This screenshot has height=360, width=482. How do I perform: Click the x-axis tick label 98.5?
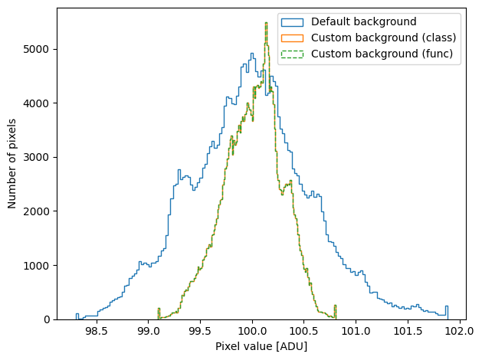[x=97, y=332]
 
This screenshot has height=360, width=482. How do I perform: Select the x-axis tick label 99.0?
[x=149, y=332]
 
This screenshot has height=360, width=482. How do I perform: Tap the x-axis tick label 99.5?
[x=201, y=332]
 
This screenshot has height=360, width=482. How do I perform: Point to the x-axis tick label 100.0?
[x=252, y=332]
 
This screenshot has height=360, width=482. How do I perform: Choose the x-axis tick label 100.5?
[x=303, y=332]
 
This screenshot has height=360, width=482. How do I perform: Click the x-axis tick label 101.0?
[x=356, y=332]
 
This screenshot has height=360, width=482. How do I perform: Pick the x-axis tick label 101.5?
[x=408, y=332]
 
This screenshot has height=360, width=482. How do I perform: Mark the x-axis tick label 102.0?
[x=460, y=332]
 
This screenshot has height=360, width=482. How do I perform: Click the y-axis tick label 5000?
[x=36, y=49]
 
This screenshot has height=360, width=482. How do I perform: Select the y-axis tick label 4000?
[x=36, y=103]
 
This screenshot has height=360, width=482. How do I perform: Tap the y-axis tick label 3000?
[x=36, y=157]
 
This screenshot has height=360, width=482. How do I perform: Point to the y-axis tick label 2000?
[x=36, y=211]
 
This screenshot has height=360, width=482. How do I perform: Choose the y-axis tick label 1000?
[x=36, y=265]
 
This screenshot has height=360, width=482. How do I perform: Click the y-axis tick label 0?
[x=47, y=319]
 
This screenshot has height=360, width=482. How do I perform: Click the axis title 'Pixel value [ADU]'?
[x=261, y=346]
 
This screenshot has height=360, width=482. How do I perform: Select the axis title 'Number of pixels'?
[x=11, y=164]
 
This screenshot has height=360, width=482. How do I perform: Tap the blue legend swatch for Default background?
[x=292, y=22]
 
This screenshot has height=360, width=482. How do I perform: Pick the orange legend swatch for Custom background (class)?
[x=292, y=38]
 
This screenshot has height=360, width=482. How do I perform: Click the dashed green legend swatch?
[x=292, y=54]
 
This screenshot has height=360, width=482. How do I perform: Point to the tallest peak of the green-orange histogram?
[x=266, y=23]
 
